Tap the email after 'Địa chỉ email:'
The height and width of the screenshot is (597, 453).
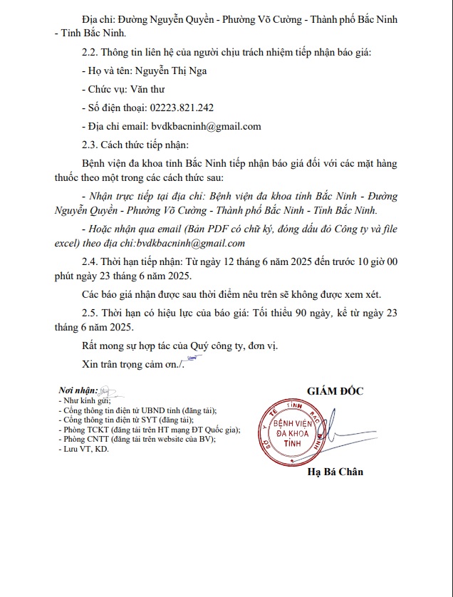click(x=206, y=126)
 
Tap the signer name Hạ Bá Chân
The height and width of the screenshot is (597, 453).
click(x=335, y=472)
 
